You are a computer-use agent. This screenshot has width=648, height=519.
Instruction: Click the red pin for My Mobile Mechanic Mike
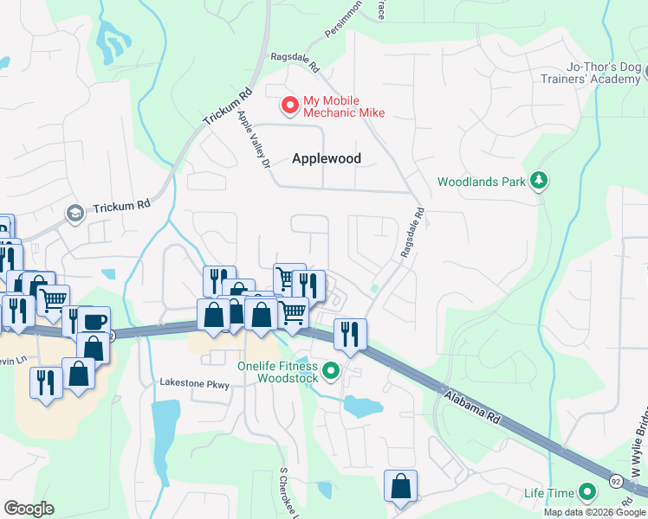point(289,105)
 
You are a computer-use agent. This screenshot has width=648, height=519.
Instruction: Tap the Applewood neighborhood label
point(326,158)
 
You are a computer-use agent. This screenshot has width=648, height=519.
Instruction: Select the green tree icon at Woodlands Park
point(541,180)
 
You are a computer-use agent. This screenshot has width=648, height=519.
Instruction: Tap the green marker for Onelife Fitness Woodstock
point(330,372)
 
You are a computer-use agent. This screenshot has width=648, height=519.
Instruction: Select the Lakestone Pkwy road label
point(194,383)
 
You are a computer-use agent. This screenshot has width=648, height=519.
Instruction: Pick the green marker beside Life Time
point(588,493)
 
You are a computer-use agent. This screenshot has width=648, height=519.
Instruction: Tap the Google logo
point(29,509)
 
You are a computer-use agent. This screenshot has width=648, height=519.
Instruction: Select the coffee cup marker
point(94,322)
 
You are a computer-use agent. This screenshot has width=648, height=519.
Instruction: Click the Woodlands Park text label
point(482,182)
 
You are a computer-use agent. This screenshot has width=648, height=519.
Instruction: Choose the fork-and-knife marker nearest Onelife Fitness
point(350,334)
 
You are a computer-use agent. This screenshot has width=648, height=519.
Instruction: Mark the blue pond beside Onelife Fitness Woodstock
point(363,406)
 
